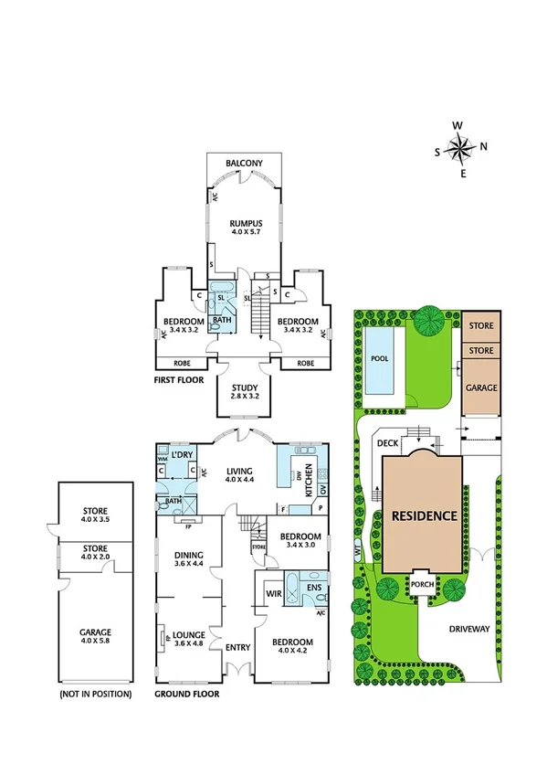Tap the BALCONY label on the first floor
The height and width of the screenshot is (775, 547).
coord(245,164)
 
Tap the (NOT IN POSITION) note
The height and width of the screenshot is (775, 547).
coord(95,694)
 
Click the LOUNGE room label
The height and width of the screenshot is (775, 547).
coord(190,632)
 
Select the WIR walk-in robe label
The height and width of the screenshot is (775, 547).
coord(271,592)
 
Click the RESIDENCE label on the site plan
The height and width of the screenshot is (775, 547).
coord(424,515)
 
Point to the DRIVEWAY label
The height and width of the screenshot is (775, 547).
coord(469,629)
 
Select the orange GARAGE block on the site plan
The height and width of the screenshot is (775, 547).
coord(482,387)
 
